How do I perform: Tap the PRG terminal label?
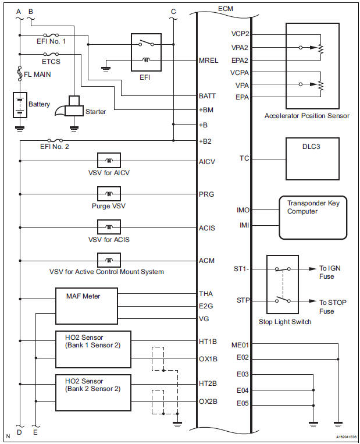(x=207, y=193)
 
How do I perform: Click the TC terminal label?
(x=244, y=158)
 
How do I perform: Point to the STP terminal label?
(x=243, y=301)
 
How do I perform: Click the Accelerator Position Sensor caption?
(x=306, y=116)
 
